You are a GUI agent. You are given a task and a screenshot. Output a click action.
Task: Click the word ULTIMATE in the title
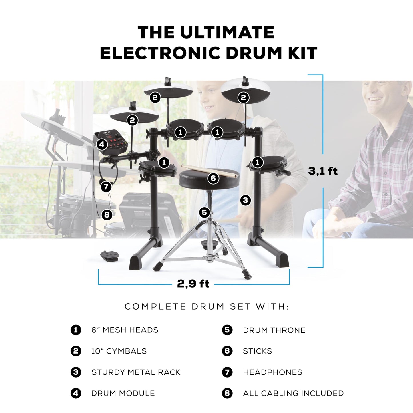click(227, 32)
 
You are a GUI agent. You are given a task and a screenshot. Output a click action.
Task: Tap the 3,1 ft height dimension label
click(323, 171)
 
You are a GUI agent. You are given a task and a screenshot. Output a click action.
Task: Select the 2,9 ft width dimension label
click(193, 284)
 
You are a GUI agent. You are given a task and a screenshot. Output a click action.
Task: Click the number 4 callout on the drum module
click(102, 144)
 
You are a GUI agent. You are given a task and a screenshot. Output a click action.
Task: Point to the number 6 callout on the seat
click(213, 178)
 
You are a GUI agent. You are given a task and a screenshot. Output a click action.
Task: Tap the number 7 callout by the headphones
click(106, 187)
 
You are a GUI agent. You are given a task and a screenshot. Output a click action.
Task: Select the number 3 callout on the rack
click(245, 200)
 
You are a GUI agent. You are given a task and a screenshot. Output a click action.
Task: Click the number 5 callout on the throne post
click(204, 212)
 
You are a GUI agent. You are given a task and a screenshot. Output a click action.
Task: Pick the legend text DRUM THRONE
click(274, 330)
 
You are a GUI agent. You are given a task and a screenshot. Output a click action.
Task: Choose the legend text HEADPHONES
click(272, 372)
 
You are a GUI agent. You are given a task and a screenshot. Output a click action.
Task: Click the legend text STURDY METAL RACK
click(136, 372)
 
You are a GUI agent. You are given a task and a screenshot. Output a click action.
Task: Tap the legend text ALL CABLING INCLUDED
click(293, 393)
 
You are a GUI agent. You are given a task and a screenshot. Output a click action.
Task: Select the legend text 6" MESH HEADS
click(125, 330)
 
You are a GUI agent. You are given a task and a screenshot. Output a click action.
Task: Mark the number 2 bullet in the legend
click(76, 351)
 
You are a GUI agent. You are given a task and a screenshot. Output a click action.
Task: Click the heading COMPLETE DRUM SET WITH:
click(207, 307)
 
